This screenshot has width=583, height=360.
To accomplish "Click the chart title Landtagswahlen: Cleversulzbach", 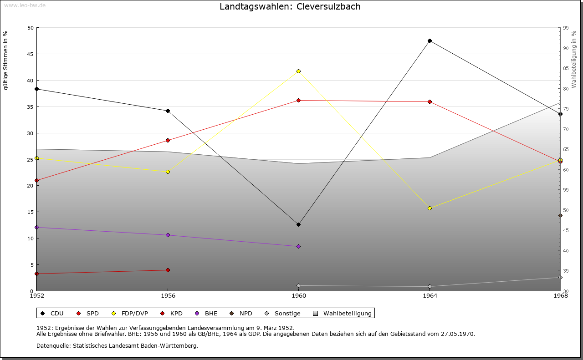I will [x=290, y=6].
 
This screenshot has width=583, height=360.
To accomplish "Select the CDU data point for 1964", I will [x=430, y=41].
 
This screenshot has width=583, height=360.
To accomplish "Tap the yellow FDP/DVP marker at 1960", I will [x=298, y=71].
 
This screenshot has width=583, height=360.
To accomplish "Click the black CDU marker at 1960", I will [x=298, y=224].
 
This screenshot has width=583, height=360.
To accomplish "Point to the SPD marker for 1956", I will [x=168, y=140].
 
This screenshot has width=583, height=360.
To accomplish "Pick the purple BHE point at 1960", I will [x=298, y=246].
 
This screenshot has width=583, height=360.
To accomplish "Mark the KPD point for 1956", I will [x=168, y=270].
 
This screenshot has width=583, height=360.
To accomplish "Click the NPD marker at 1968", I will [x=560, y=215].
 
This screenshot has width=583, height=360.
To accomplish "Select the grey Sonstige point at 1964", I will [x=430, y=286].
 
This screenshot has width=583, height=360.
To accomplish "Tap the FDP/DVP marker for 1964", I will [x=430, y=208].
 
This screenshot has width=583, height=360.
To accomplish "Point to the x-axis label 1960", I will [x=298, y=296].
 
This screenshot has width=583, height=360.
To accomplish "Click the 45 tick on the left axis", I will [x=30, y=54].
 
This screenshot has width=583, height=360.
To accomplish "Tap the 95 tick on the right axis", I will [x=566, y=28].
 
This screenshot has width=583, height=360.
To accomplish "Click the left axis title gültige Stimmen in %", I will [x=6, y=60].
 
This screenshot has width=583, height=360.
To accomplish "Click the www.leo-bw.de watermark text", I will [x=25, y=5].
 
